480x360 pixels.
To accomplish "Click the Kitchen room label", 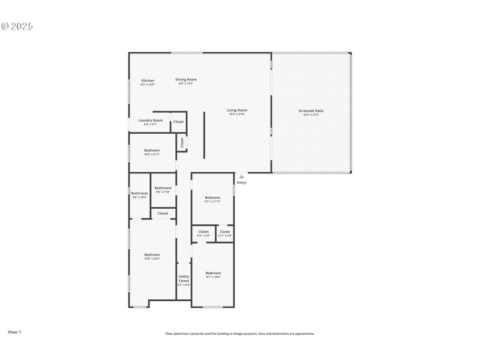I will coord(148,81).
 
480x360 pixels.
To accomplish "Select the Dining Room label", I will coord(186,80).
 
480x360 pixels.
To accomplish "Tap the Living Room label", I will coord(237,110).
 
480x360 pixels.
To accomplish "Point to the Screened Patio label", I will coord(311,111).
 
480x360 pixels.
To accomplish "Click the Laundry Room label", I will coord(150,121).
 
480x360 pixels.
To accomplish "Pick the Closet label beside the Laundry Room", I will coord(178,122).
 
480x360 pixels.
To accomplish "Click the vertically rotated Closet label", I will coord(182,143).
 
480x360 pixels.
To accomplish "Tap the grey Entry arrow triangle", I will coord(241,176).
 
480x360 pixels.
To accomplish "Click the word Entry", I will coord(241,182).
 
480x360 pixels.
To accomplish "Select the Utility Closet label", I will coord(184,278).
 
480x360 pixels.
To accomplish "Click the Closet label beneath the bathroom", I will coord(163,213).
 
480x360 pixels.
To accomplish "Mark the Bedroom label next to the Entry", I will coord(213,198).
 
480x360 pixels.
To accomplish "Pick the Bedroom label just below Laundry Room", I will coord(152,151).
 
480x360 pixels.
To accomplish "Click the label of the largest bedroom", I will coord(152,255).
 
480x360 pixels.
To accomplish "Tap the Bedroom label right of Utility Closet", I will coord(214,274).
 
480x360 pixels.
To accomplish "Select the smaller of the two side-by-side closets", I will coord(225,232).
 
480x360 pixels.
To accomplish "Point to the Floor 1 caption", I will coord(14,331).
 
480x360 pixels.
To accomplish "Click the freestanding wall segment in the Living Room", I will coord(204,135).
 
